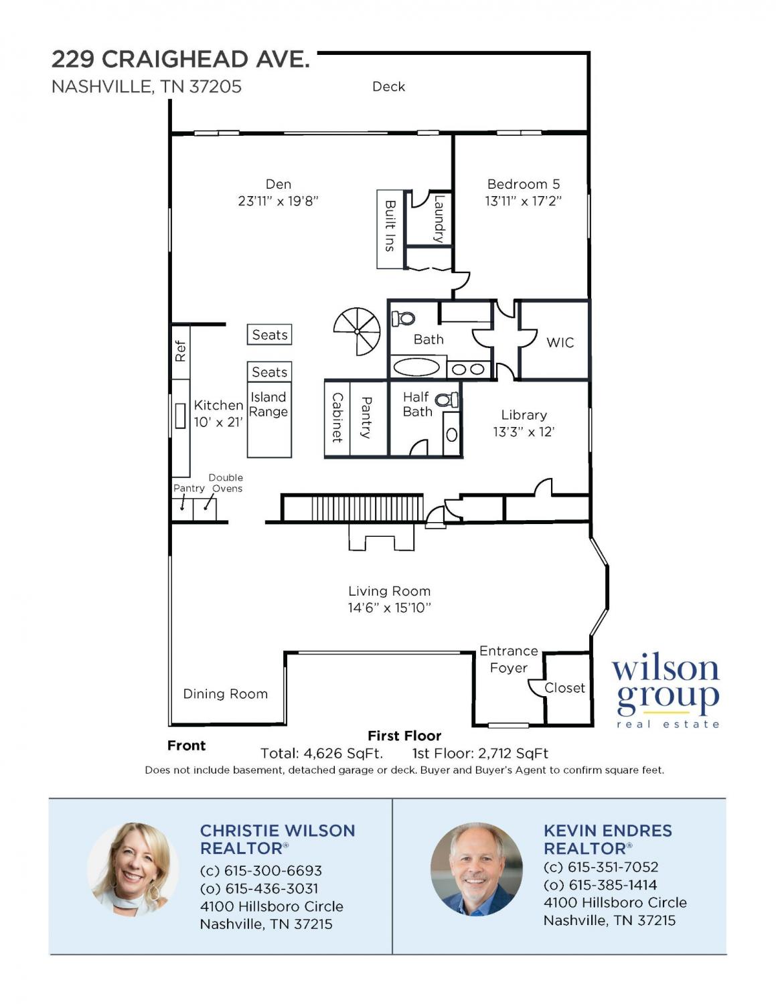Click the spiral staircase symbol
click(x=357, y=331)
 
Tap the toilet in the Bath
click(x=403, y=318)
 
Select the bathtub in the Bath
click(x=416, y=368)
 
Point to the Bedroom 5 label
click(x=523, y=184)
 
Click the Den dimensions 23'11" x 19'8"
click(x=279, y=201)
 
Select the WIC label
click(x=560, y=343)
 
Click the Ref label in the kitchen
click(x=180, y=351)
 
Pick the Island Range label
click(x=268, y=404)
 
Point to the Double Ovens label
click(x=226, y=483)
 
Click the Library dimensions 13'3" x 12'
click(x=524, y=432)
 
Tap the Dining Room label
click(x=225, y=693)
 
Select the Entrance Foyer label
click(x=508, y=659)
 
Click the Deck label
click(x=389, y=86)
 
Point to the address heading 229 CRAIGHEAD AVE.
click(x=180, y=59)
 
